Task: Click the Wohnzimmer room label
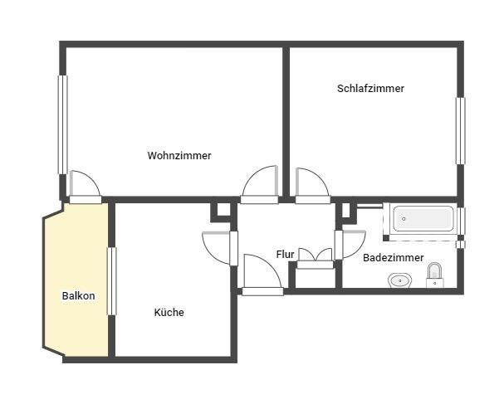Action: (179, 155)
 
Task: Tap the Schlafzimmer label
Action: (370, 88)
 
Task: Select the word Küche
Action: (169, 313)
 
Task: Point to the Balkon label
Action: (78, 296)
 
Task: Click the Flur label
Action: (285, 254)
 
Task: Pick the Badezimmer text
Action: (393, 258)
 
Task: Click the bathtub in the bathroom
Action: (423, 219)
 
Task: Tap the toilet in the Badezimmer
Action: (434, 275)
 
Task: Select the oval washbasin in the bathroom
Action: (400, 280)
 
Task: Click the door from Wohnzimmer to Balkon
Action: (84, 187)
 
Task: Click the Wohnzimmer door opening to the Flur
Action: (260, 185)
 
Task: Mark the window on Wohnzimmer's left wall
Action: (62, 124)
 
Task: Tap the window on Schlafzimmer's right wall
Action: (459, 131)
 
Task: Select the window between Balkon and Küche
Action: (111, 280)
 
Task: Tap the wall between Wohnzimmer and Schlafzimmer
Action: (286, 116)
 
